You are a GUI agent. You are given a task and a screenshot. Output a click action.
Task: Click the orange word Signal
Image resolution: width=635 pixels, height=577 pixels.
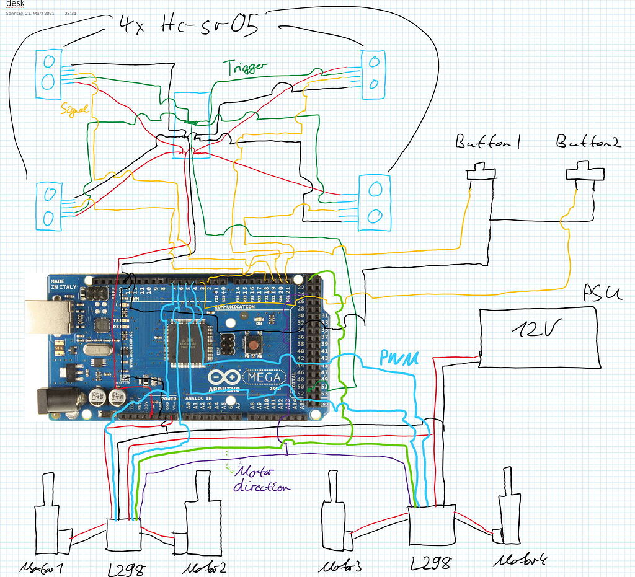pyautogui.click(x=75, y=109)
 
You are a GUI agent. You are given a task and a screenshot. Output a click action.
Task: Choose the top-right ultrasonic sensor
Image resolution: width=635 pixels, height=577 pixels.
pyautogui.click(x=374, y=73)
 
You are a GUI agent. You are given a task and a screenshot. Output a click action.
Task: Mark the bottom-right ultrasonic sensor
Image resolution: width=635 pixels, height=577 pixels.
pyautogui.click(x=374, y=202)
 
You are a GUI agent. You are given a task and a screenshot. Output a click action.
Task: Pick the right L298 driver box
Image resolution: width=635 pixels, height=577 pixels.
pyautogui.click(x=432, y=531)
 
